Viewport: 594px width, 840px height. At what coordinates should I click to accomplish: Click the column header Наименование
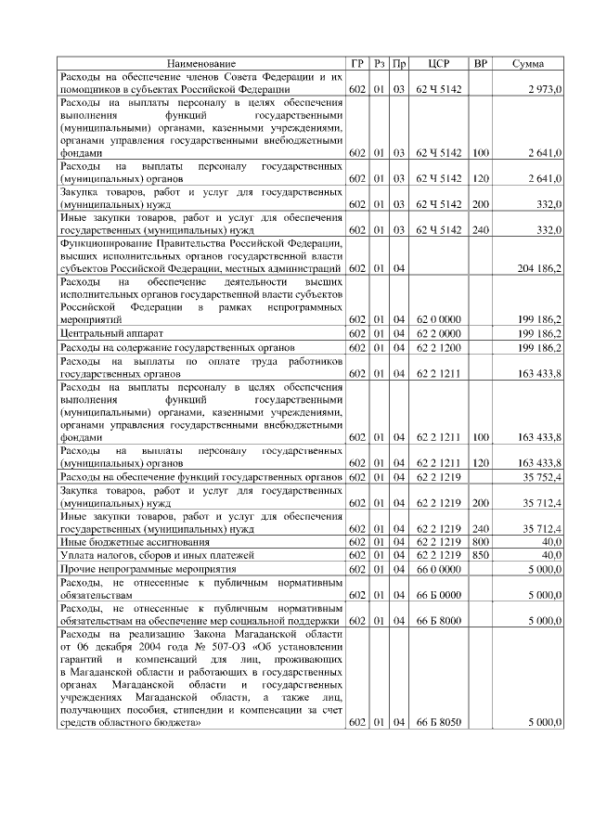[x=201, y=63]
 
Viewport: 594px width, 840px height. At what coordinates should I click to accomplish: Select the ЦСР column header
[x=439, y=63]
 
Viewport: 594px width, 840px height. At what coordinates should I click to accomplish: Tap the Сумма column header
[x=528, y=63]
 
